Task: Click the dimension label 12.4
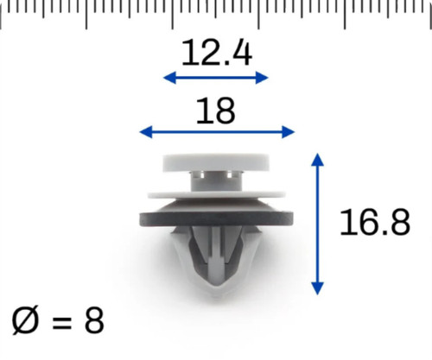217,53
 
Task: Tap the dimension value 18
215,111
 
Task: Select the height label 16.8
375,222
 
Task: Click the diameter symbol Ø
25,320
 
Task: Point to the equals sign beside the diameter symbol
61,322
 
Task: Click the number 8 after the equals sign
94,320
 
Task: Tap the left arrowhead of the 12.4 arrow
169,78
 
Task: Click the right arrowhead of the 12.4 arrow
262,78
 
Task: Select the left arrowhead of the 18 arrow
146,132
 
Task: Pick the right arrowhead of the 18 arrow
289,132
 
